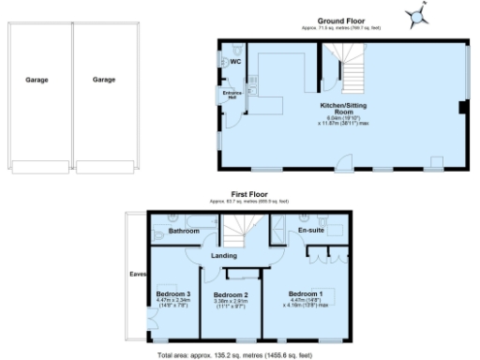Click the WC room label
(236, 63)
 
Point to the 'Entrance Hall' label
(232, 95)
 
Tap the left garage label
(37, 81)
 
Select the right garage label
(104, 81)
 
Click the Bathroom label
(184, 231)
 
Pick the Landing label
(223, 256)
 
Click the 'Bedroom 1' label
(306, 293)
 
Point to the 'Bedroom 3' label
(173, 293)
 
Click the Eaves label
(137, 274)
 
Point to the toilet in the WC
(225, 62)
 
